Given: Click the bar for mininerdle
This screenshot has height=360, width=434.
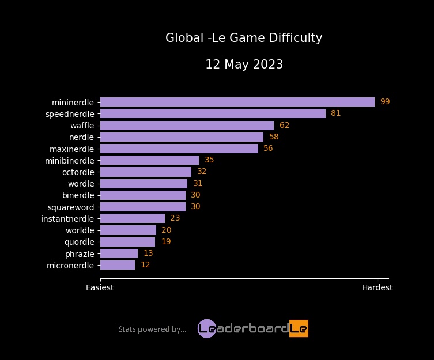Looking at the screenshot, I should [x=237, y=102].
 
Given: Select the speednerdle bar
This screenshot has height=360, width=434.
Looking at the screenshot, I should [x=213, y=113].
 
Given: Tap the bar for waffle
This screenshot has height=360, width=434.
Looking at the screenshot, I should [x=187, y=126].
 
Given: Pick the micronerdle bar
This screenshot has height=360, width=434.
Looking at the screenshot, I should [x=118, y=265].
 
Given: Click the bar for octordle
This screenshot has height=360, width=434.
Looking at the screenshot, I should [x=145, y=172].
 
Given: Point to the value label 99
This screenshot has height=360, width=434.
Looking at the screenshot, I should [x=385, y=102].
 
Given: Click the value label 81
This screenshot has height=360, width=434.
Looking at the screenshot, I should [x=335, y=113].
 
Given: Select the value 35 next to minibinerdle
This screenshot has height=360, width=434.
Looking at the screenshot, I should [x=209, y=160].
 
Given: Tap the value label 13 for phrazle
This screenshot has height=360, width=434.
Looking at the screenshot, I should [x=148, y=253].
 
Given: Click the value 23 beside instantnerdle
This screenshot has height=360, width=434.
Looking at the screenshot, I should [x=175, y=218].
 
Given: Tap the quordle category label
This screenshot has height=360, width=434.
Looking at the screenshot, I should [x=80, y=242].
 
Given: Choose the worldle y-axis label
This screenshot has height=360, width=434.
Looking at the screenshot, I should [x=80, y=230].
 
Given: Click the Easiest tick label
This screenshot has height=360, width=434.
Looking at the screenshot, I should [x=100, y=287].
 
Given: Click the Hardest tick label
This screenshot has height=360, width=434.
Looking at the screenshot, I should [x=377, y=287].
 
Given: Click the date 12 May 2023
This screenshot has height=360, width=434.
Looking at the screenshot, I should [x=244, y=65].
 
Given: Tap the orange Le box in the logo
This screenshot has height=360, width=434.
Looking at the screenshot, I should [x=299, y=328].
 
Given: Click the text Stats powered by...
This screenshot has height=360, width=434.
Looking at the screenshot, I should [x=152, y=329].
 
